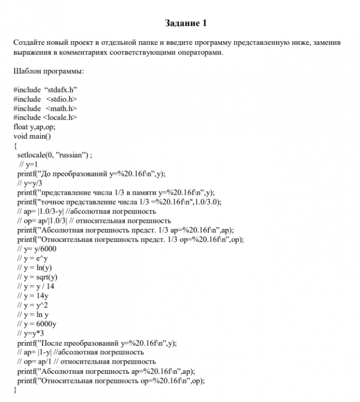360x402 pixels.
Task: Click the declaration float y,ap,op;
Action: point(35,127)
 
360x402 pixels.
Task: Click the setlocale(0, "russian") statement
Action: point(55,154)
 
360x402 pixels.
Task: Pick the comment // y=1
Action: point(28,163)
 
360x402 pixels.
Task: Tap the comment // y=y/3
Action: point(30,182)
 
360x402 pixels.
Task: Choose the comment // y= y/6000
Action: point(37,248)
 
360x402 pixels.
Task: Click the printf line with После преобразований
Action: point(97,342)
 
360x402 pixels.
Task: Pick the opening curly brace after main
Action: point(15,145)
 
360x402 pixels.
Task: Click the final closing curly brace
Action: point(15,390)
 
